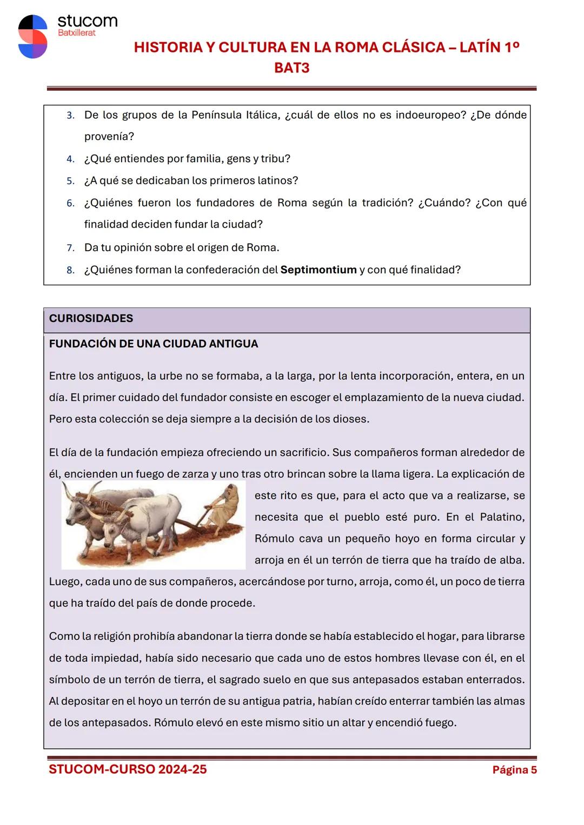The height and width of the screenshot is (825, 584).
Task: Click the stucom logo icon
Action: tap(32, 36)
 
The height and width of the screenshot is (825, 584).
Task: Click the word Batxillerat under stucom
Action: tap(76, 32)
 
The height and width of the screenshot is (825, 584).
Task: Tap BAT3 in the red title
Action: tap(291, 68)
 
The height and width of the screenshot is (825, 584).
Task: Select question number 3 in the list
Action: tap(70, 116)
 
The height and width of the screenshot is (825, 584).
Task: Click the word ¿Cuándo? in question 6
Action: tap(444, 203)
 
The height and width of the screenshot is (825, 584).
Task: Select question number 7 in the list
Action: tap(70, 248)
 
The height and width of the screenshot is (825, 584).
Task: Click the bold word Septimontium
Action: tap(318, 270)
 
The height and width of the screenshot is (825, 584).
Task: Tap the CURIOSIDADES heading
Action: tap(91, 318)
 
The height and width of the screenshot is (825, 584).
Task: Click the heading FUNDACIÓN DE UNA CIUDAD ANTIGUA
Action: tap(154, 344)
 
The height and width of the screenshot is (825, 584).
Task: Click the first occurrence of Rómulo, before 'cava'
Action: tap(274, 539)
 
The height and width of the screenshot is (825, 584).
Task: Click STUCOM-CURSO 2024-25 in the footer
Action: tap(128, 769)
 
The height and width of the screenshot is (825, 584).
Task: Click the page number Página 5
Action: tap(514, 770)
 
